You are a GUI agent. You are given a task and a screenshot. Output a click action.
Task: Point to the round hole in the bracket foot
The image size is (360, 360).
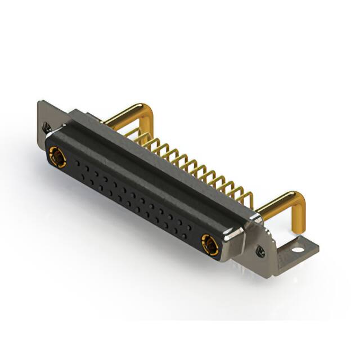pyautogui.click(x=296, y=245)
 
